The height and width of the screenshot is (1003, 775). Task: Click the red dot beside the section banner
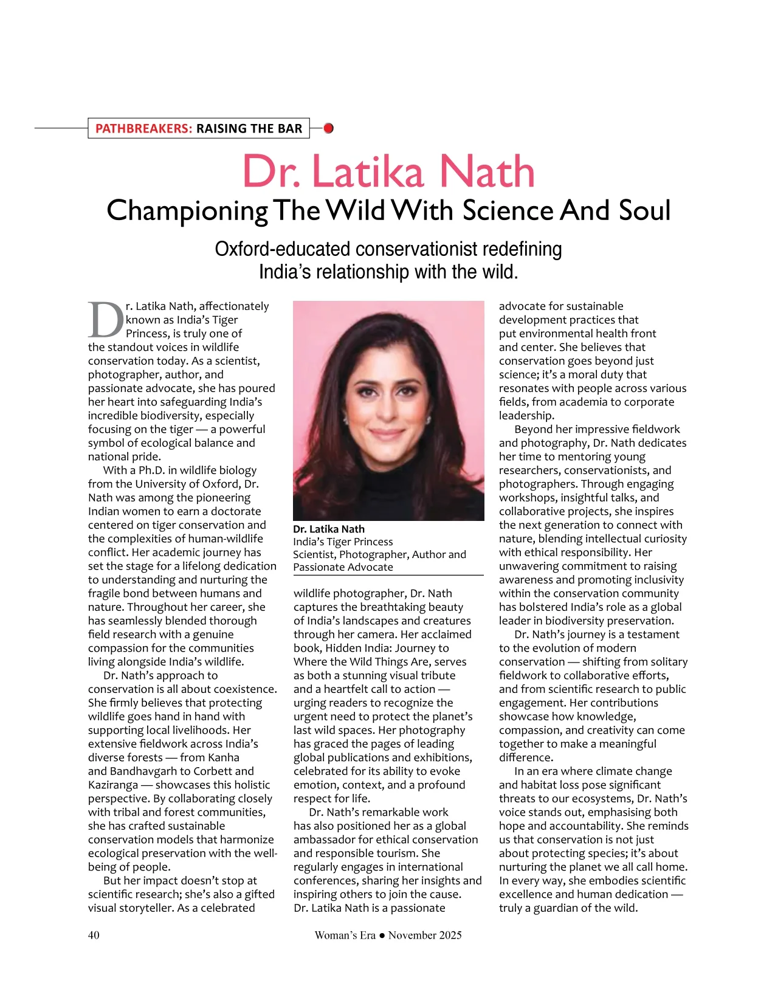click(x=329, y=128)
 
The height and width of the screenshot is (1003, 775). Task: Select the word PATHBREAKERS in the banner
click(x=143, y=128)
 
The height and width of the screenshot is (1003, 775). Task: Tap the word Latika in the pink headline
click(x=368, y=172)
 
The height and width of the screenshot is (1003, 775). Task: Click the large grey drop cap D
click(x=106, y=320)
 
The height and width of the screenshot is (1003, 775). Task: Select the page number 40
click(x=94, y=935)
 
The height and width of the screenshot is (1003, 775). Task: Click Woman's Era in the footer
click(x=345, y=935)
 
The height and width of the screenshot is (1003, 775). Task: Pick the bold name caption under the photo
click(x=328, y=529)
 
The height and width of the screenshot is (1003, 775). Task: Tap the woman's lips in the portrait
click(x=388, y=433)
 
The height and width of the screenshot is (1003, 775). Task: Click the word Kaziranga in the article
click(x=113, y=785)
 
